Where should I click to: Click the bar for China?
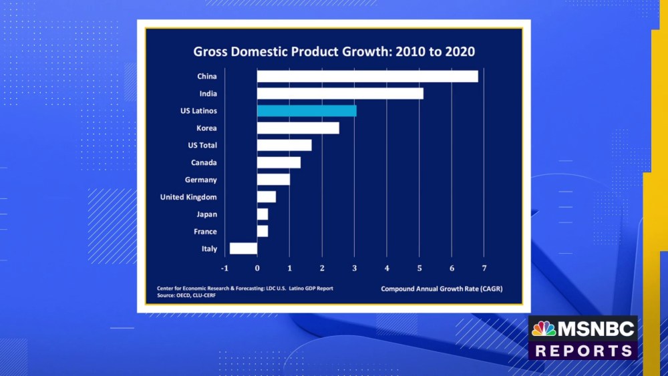coord(367,76)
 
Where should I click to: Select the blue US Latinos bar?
coord(307,111)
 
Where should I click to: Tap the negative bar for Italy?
coord(243,248)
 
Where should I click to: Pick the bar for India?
coord(340,93)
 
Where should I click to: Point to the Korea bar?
coord(298,128)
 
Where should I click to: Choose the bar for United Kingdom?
coord(267,196)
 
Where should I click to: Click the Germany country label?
coord(200,180)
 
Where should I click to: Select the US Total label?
coord(202,145)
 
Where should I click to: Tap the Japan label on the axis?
coord(206,214)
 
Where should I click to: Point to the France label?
coord(205,232)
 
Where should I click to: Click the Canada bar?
coord(279,162)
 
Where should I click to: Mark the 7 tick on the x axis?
coord(484,268)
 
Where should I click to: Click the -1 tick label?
coord(224,268)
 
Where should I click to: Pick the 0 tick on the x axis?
coord(257,268)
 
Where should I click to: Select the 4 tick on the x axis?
coord(387,268)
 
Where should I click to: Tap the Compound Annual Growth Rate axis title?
coord(442,289)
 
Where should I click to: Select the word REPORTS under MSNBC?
coord(584,351)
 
